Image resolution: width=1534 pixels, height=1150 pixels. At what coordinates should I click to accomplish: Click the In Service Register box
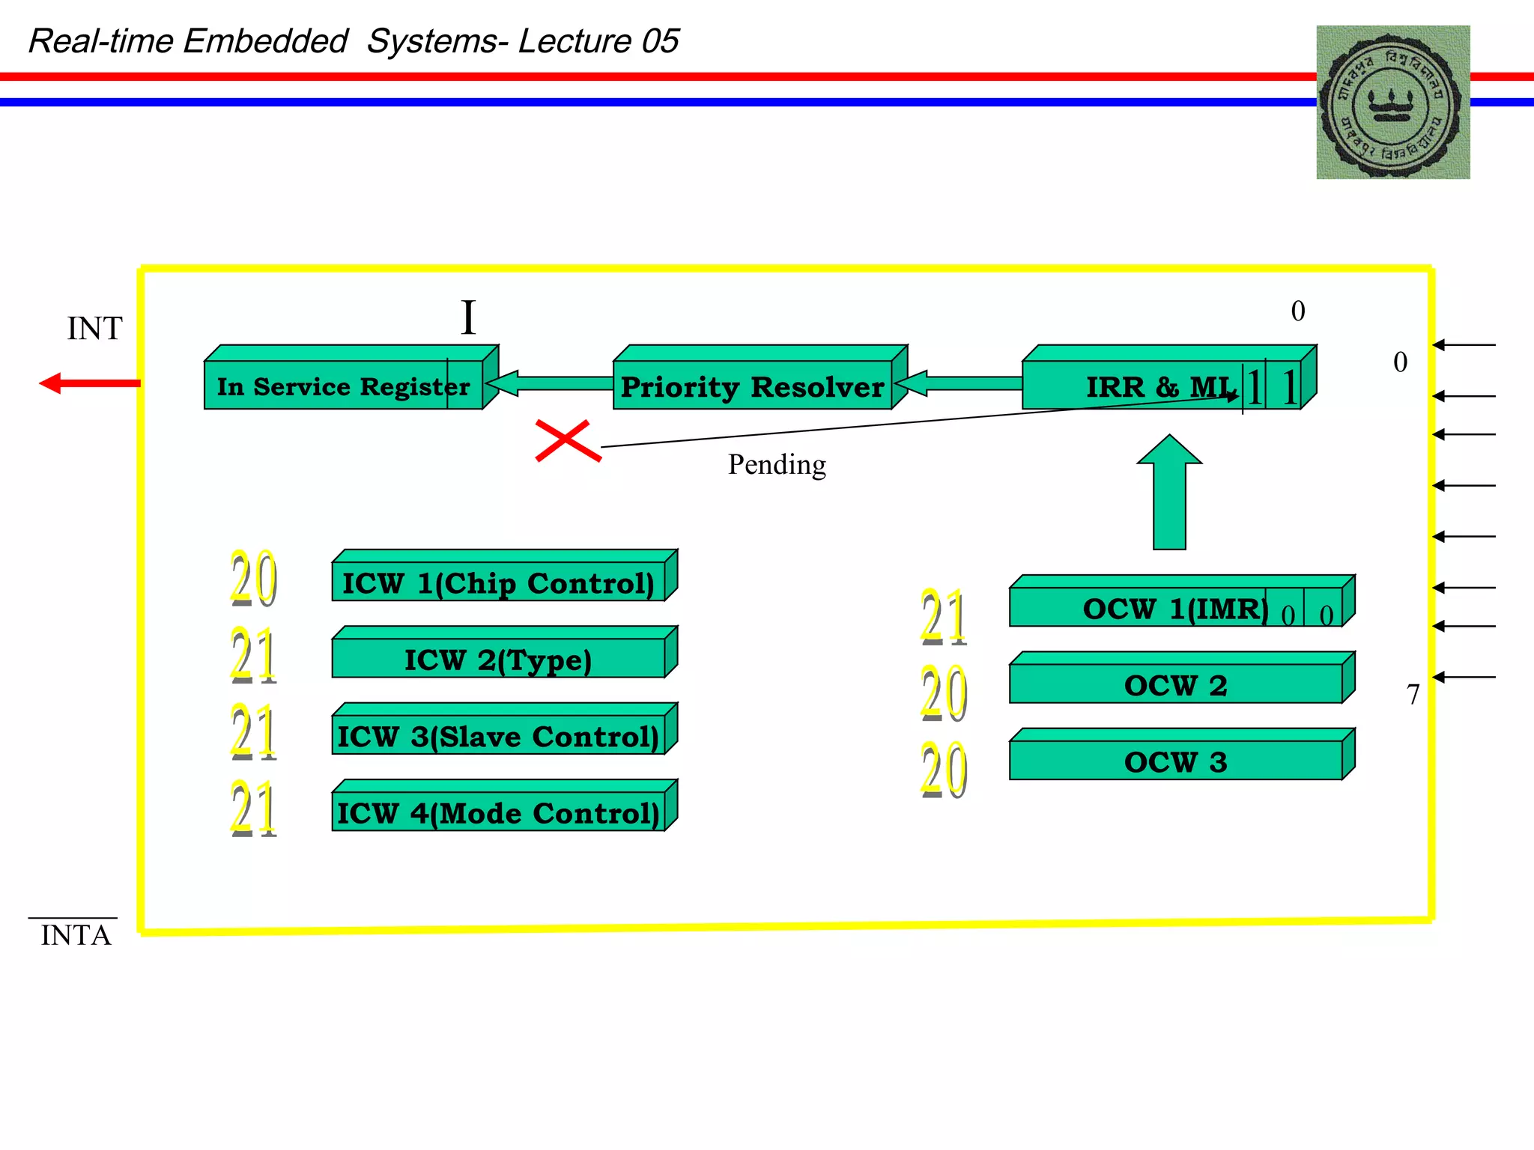pyautogui.click(x=343, y=385)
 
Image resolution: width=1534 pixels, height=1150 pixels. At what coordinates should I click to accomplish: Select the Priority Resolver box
pyautogui.click(x=752, y=386)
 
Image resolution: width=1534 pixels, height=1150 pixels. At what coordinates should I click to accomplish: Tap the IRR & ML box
pyautogui.click(x=1161, y=385)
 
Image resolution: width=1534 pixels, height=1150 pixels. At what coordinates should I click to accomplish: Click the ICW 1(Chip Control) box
pyautogui.click(x=498, y=582)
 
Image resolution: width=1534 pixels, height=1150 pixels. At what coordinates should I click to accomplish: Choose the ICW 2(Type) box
pyautogui.click(x=498, y=658)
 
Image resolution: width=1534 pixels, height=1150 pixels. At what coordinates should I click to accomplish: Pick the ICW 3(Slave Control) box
pyautogui.click(x=498, y=735)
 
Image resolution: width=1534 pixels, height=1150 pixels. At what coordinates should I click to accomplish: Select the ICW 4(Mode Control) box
pyautogui.click(x=498, y=812)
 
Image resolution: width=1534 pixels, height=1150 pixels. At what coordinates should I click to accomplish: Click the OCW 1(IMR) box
pyautogui.click(x=1175, y=607)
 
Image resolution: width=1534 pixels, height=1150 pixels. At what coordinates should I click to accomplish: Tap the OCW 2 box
pyautogui.click(x=1175, y=684)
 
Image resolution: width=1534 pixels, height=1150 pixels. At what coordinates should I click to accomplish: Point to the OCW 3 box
pyautogui.click(x=1175, y=761)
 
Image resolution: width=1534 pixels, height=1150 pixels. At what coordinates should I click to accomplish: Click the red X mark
pyautogui.click(x=568, y=440)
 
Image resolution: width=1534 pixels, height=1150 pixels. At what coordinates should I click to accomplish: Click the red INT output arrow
pyautogui.click(x=90, y=383)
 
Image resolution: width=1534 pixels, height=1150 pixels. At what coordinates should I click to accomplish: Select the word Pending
pyautogui.click(x=777, y=465)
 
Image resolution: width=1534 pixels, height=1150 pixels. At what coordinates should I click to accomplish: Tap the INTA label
pyautogui.click(x=76, y=935)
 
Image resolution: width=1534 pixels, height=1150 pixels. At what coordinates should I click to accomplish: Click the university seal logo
pyautogui.click(x=1392, y=103)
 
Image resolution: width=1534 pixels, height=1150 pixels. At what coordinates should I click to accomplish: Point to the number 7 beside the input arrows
pyautogui.click(x=1413, y=695)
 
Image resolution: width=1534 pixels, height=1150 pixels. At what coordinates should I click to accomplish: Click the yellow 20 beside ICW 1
pyautogui.click(x=253, y=578)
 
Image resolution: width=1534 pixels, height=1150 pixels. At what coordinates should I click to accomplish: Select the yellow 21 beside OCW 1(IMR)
pyautogui.click(x=944, y=617)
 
